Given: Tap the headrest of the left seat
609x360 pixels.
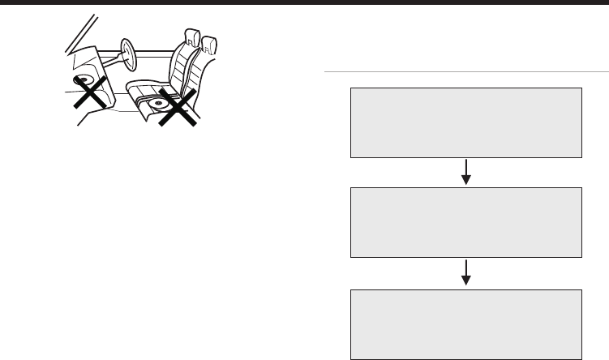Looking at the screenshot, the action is tap(192, 36).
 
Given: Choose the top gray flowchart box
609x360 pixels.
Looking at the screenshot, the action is tap(466, 122).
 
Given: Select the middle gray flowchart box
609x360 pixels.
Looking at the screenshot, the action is tap(466, 223).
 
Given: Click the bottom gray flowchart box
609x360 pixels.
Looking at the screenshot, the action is tap(466, 324).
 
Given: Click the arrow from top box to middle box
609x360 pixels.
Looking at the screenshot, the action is tap(466, 172).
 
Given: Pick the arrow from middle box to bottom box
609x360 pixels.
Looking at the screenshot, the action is tap(466, 272).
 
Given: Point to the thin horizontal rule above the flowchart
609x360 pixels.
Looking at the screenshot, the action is tap(466, 72).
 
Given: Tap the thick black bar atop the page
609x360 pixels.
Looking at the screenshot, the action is tap(304, 2).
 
